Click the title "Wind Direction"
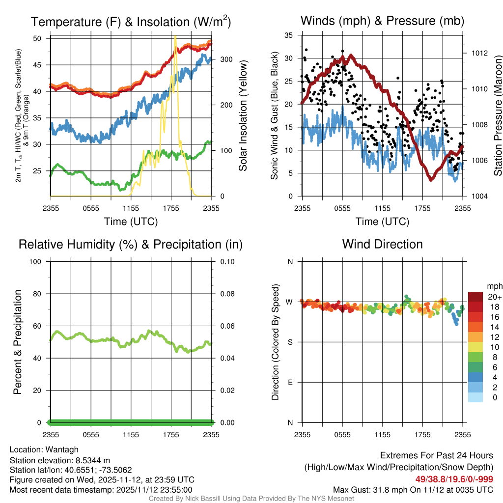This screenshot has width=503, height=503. pos(382,244)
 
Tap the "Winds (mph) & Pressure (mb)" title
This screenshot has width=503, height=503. pos(382,21)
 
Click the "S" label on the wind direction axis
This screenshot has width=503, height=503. pos(290,342)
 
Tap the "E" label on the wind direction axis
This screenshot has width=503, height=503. pos(290,382)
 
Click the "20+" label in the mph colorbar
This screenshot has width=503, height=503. pos(495,297)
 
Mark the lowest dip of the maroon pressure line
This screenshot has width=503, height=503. pos(431,180)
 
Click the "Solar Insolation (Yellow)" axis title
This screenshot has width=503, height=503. pos(243,116)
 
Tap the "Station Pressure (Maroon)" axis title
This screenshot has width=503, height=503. pos(498,116)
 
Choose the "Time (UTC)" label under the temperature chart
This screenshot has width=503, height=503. pos(131,222)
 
